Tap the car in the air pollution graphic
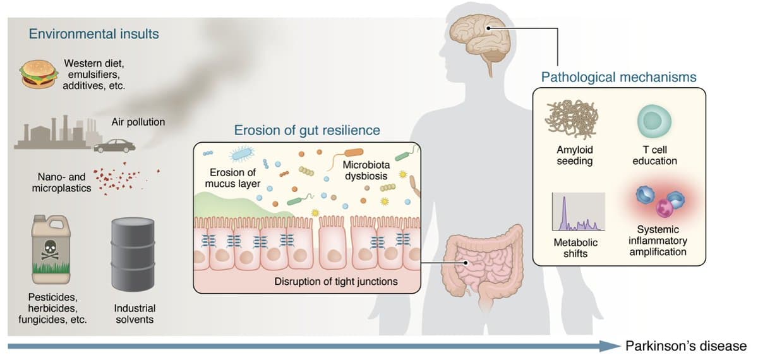coord(114,146)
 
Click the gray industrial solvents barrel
coord(132,253)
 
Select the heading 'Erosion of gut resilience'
coord(307,130)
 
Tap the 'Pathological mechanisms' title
coord(618,77)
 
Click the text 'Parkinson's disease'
coord(685,345)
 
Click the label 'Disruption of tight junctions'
coord(336,281)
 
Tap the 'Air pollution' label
coord(138,122)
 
